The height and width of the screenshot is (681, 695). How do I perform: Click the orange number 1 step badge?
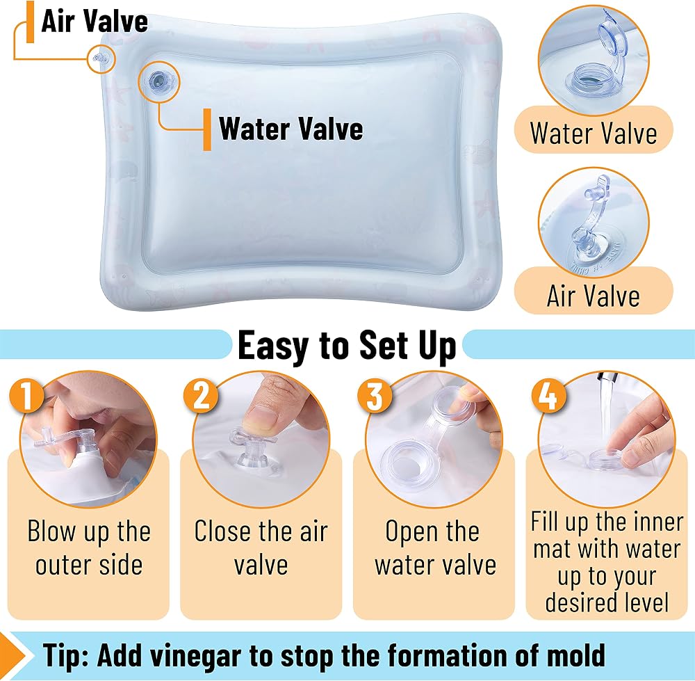[x=27, y=394]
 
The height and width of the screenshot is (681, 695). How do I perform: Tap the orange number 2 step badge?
[x=202, y=394]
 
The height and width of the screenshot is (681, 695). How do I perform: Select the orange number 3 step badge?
[x=375, y=394]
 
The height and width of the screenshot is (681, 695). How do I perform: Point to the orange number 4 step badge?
[x=548, y=394]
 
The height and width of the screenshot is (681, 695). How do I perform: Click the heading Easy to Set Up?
[x=347, y=346]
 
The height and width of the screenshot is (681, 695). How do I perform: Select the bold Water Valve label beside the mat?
[x=291, y=129]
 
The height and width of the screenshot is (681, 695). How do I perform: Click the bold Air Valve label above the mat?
[x=95, y=21]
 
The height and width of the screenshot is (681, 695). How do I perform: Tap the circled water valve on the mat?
[x=158, y=81]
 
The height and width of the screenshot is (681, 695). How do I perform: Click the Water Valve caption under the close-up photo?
[x=594, y=133]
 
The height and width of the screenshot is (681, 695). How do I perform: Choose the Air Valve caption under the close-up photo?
[x=594, y=296]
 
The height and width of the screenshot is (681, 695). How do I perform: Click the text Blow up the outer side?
[x=89, y=548]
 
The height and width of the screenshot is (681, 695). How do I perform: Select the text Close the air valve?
[x=261, y=548]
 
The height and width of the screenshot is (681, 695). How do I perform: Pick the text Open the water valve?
[x=435, y=548]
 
